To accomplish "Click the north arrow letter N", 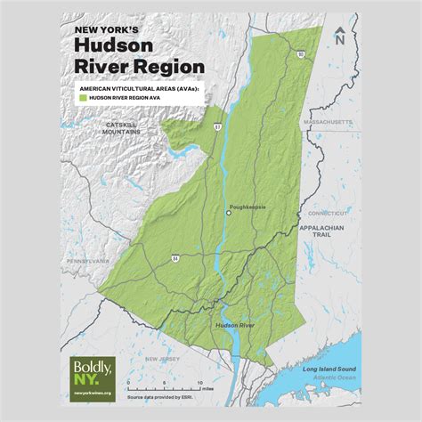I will point(340,37).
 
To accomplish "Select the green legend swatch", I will point(83,101).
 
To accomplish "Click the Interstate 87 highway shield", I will point(217,127).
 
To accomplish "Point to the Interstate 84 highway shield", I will point(175,257).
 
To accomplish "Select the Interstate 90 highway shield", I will point(301,55).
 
